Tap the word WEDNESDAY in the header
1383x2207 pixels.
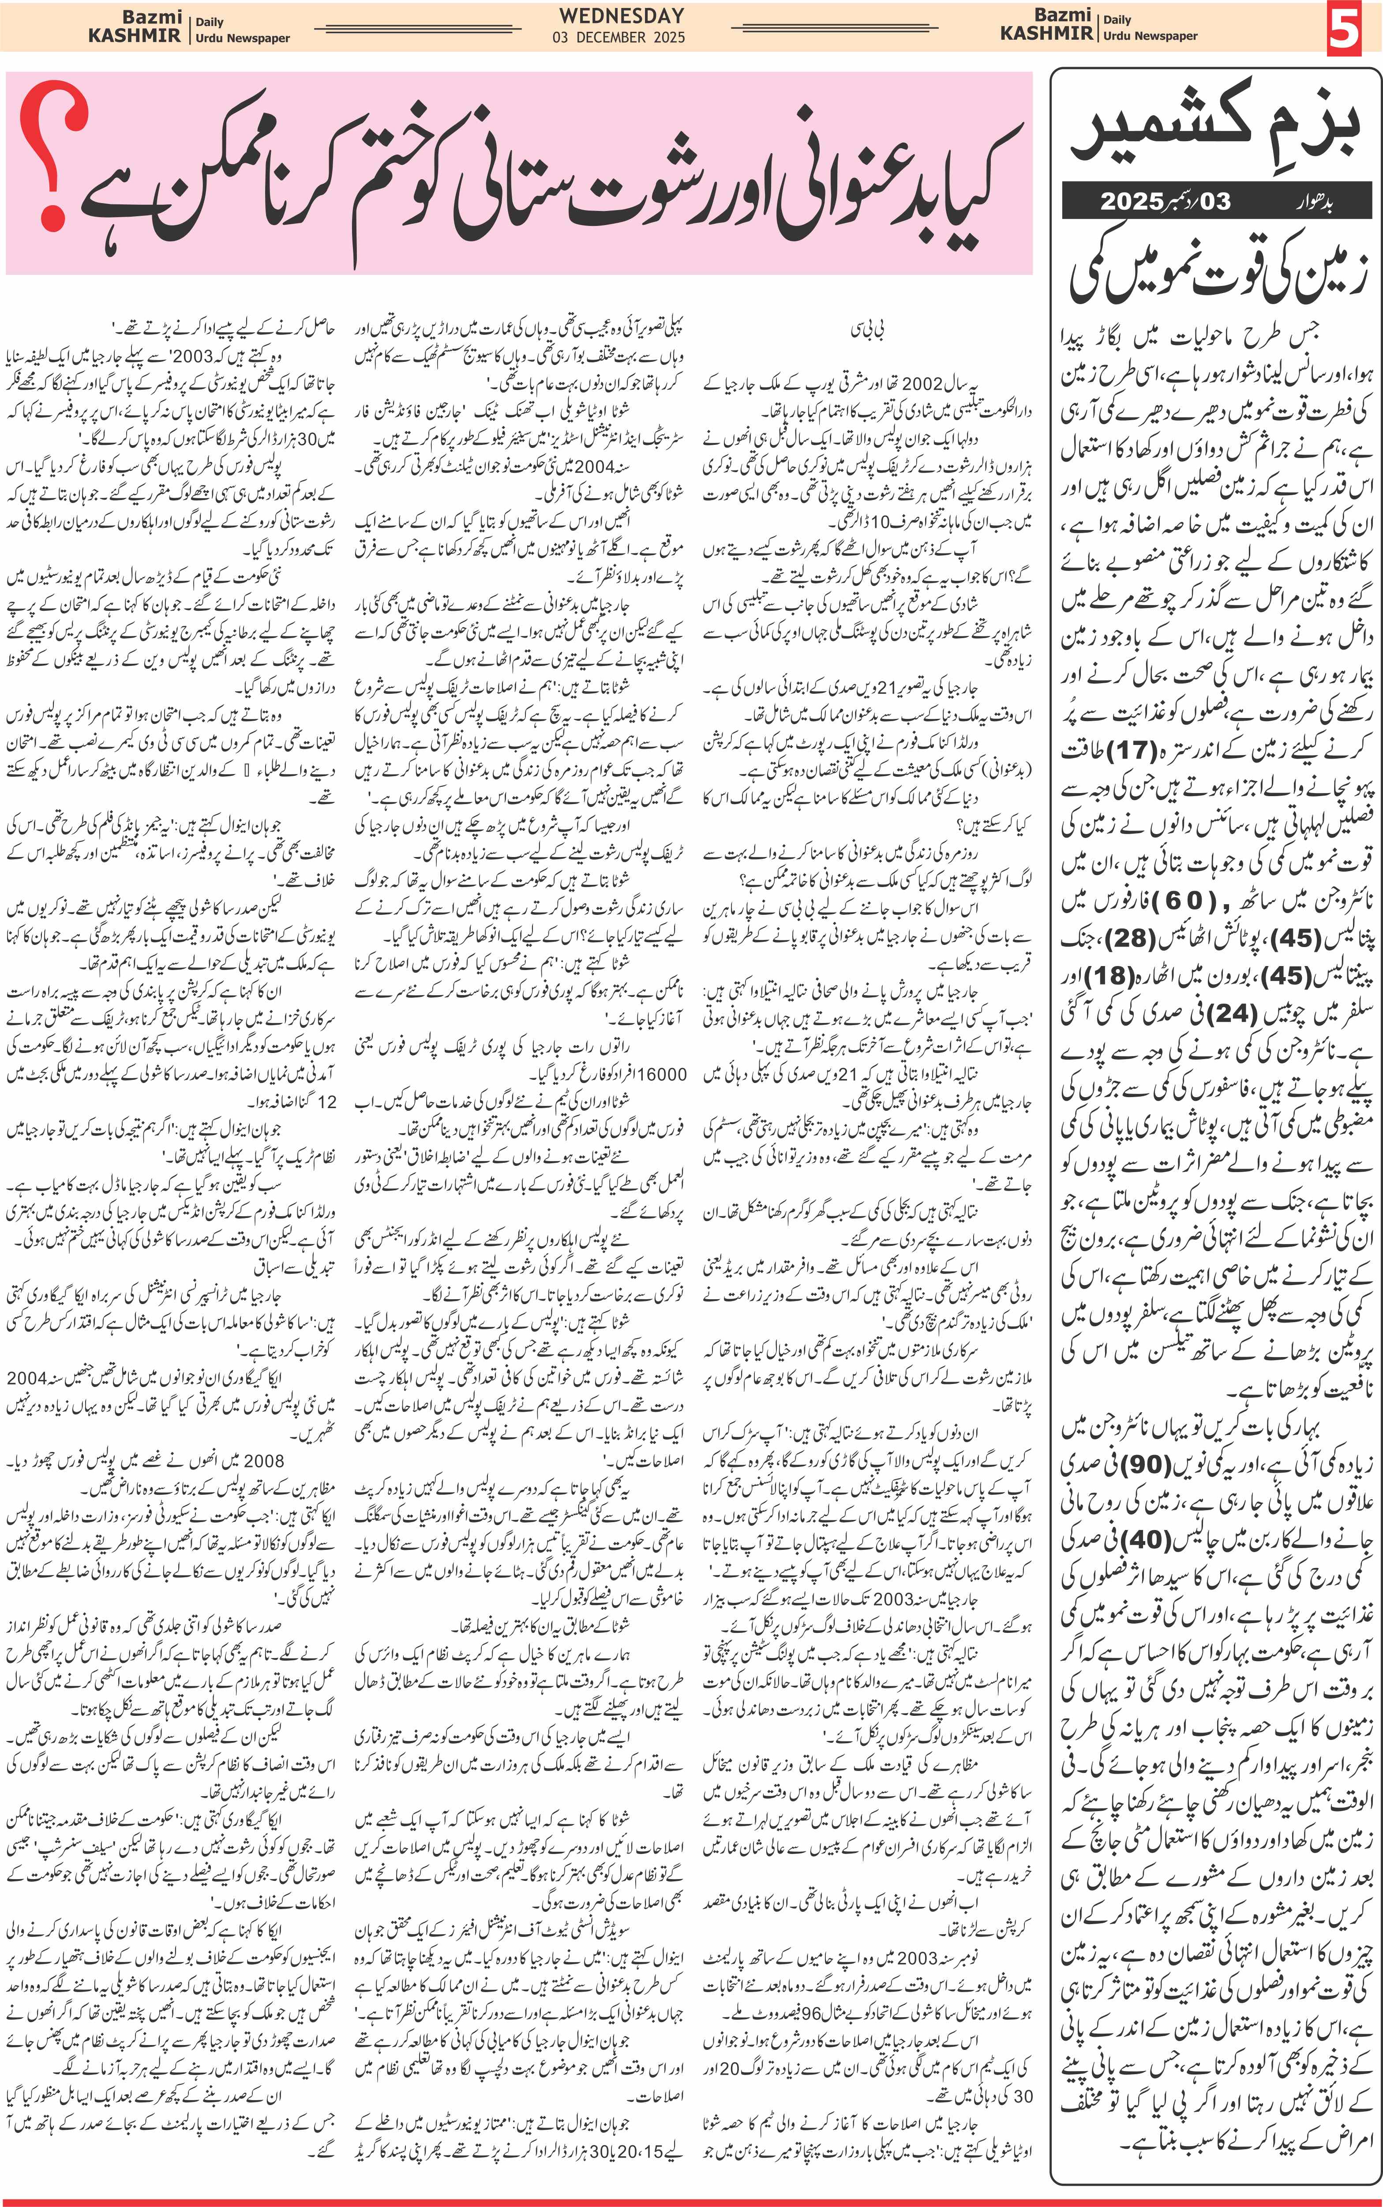click(622, 15)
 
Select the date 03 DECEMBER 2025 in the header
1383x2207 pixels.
click(618, 38)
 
